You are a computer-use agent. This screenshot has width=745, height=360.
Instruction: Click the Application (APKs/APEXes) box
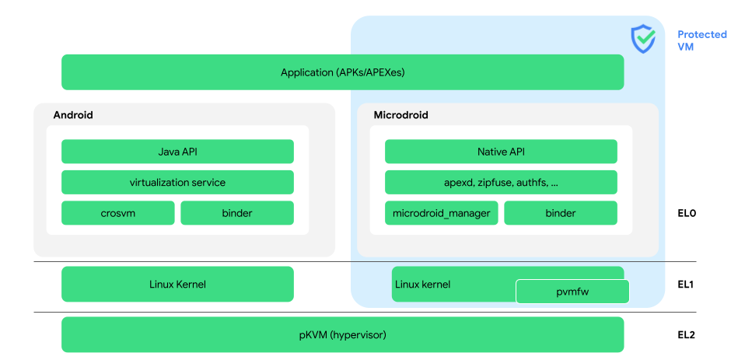coord(342,72)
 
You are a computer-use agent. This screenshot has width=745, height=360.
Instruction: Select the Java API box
coord(177,152)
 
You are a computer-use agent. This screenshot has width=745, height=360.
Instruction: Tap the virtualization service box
coord(177,183)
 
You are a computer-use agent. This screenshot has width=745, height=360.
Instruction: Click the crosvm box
coord(118,213)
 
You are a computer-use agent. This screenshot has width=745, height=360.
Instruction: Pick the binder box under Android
coord(237,213)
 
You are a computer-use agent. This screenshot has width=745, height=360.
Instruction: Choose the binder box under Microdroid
coord(560,213)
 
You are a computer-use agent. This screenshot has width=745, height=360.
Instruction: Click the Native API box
coord(501,152)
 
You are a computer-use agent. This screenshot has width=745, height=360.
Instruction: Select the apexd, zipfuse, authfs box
coord(501,183)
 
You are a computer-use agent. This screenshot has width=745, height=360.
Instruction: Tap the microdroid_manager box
coord(441,213)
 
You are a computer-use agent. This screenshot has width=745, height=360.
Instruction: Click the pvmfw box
coord(572,292)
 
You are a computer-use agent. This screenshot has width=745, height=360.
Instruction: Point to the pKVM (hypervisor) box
coord(342,335)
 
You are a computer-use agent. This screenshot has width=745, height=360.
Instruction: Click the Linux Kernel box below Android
coord(177,284)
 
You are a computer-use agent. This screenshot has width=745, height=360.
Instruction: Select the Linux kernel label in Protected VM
coord(422,284)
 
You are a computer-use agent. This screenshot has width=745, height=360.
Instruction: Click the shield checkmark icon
coord(642,38)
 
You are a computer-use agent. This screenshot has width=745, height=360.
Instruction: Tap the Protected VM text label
coord(701,40)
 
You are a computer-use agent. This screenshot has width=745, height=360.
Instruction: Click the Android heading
coord(73,115)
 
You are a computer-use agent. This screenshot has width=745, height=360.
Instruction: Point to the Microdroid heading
coord(400,115)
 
